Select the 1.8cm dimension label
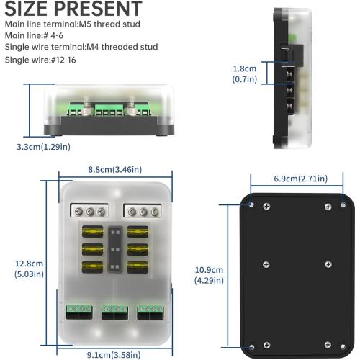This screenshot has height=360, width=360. coord(245,69)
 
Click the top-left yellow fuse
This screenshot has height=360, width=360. coord(94,233)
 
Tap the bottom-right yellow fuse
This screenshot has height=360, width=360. coord(138,266)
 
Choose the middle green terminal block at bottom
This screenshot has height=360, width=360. coord(115,311)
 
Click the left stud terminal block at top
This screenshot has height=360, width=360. coord(89,211)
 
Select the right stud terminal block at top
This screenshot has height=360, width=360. coord(142,211)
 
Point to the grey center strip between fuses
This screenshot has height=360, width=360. coord(115,249)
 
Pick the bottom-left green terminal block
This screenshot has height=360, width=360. coord(79,311)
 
